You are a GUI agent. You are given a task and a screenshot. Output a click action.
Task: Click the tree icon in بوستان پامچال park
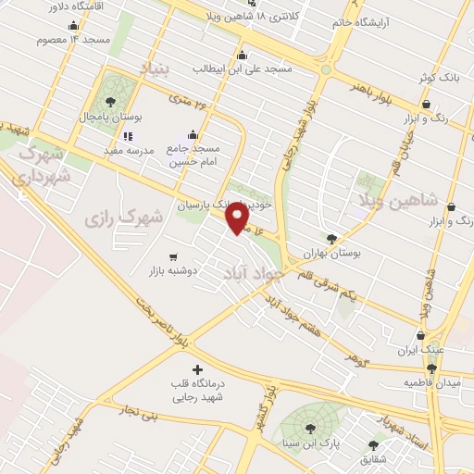coord(111,102)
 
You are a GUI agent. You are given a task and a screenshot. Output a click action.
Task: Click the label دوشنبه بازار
coord(174,272)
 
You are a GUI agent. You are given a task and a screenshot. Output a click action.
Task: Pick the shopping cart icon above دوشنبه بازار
coord(173,256)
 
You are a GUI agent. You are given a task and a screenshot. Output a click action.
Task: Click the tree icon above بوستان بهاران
coord(332,238)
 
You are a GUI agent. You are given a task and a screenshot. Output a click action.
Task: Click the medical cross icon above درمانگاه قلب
coord(196,370)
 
